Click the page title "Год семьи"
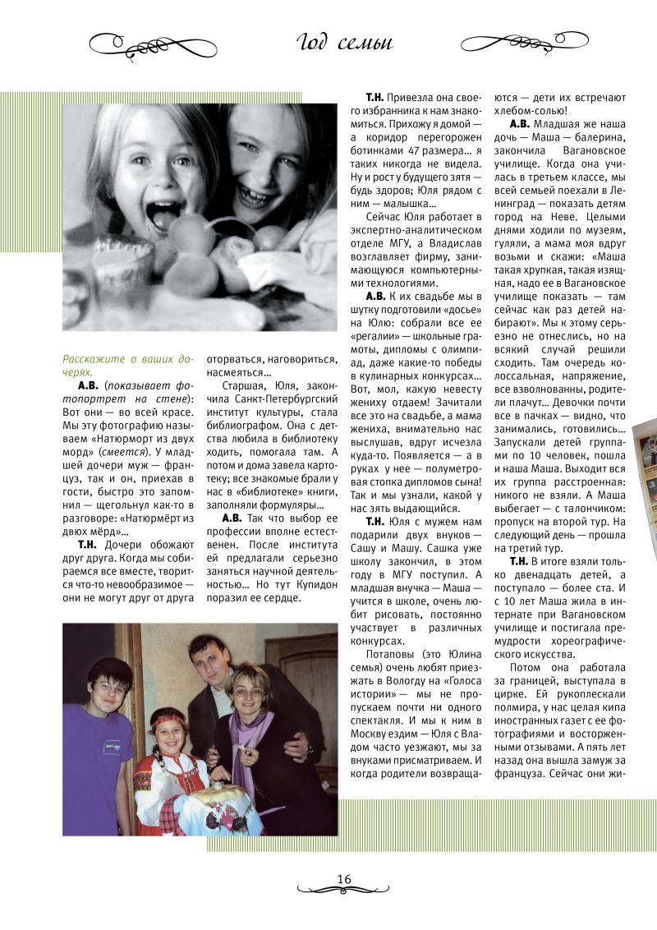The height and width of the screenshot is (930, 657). [344, 43]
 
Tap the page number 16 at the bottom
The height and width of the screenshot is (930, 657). [343, 879]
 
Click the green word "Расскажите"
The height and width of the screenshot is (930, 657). [92, 359]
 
